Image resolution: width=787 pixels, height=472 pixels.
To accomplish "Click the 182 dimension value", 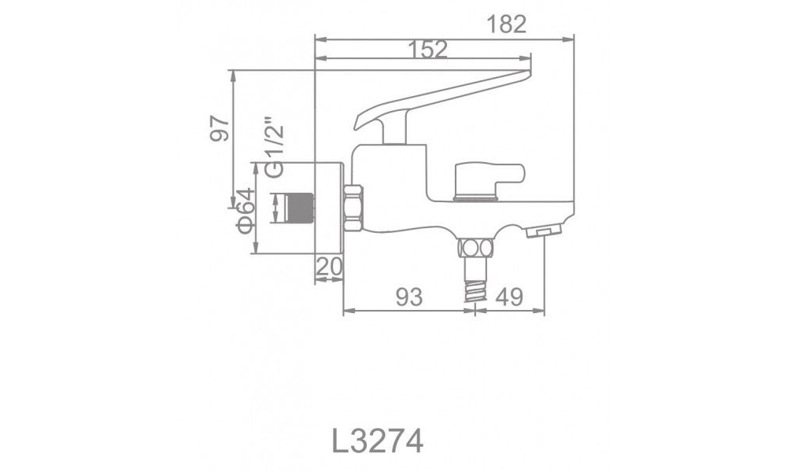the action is pos(506,24).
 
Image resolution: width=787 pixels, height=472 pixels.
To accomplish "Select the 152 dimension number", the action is pos(427,50).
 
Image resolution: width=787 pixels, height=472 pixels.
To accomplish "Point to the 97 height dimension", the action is pos(220,128).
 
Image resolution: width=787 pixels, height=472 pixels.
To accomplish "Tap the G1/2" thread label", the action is pos(275,147).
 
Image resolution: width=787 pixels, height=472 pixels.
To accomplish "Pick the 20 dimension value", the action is pos(330,267).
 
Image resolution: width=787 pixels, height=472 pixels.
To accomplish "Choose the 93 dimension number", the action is pos(409,297).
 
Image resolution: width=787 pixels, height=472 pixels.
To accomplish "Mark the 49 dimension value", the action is pos(509,297).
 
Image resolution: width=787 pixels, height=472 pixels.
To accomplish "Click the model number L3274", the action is pos(378,441).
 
